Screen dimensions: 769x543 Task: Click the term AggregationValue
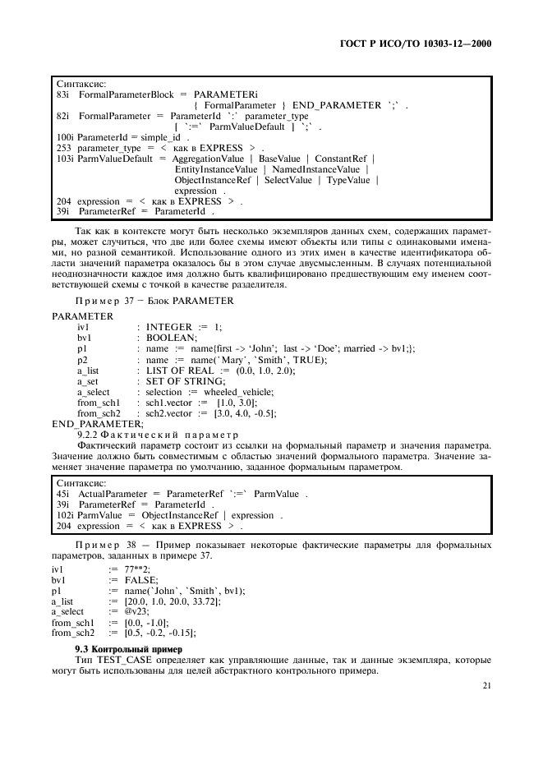point(212,158)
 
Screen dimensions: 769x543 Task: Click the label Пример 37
point(101,301)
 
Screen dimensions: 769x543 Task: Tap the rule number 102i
point(65,515)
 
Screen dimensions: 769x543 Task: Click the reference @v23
point(136,611)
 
